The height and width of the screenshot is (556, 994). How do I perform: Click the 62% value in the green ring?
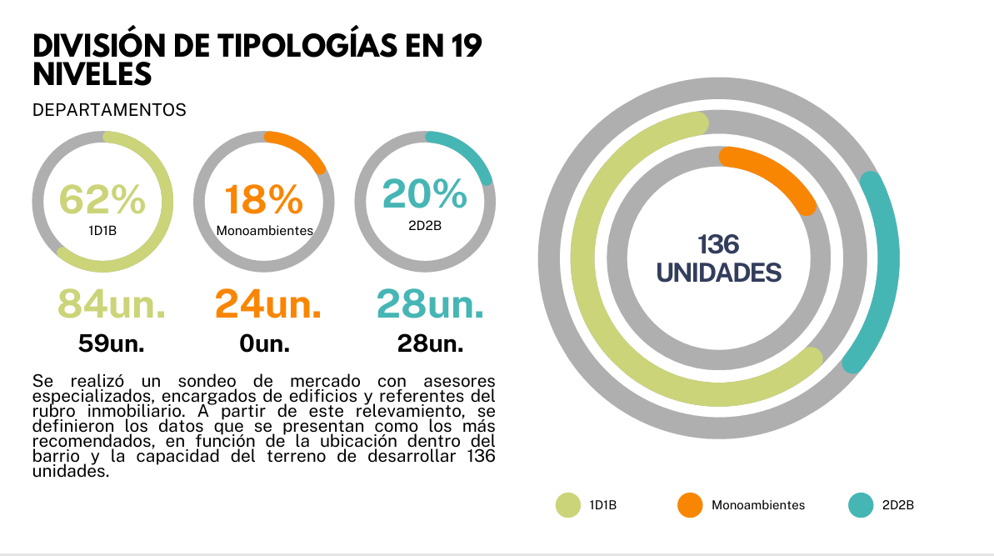pyautogui.click(x=102, y=199)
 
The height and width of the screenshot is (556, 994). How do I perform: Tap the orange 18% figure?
pyautogui.click(x=263, y=201)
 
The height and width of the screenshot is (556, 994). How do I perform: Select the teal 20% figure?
pyautogui.click(x=425, y=194)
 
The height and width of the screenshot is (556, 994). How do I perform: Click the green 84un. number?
pyautogui.click(x=111, y=303)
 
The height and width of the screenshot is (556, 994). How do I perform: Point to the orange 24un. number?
pyautogui.click(x=268, y=303)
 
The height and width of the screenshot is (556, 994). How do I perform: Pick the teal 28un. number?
pyautogui.click(x=430, y=303)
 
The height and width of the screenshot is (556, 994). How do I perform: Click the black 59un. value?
pyautogui.click(x=111, y=343)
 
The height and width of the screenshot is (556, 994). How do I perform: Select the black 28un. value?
pyautogui.click(x=430, y=343)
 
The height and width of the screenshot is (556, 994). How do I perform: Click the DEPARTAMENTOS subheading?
pyautogui.click(x=109, y=110)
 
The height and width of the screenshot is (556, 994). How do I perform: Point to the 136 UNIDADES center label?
pyautogui.click(x=719, y=258)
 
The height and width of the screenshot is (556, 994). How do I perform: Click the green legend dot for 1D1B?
pyautogui.click(x=568, y=505)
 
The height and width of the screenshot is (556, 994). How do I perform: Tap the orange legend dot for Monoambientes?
pyautogui.click(x=690, y=505)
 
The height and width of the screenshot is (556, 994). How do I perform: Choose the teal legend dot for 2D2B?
pyautogui.click(x=860, y=505)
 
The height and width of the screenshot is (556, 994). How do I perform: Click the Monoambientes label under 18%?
pyautogui.click(x=264, y=230)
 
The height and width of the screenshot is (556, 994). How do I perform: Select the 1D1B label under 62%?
pyautogui.click(x=102, y=230)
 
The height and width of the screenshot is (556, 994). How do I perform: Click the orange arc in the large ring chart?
pyautogui.click(x=775, y=173)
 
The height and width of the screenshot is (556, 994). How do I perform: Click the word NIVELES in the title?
pyautogui.click(x=92, y=74)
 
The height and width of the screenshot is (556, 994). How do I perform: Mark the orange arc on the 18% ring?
pyautogui.click(x=300, y=146)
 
